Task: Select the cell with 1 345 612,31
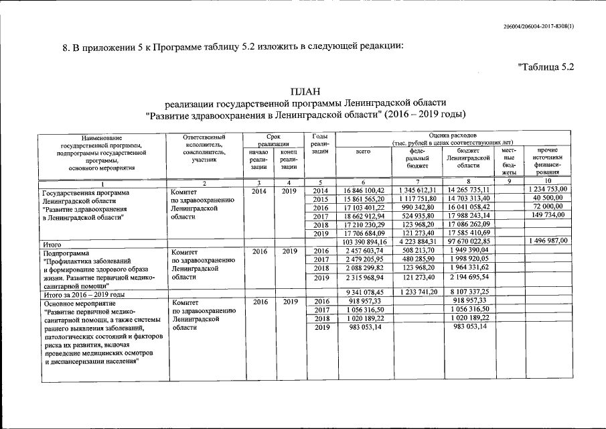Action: (416, 190)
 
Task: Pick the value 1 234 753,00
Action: (546, 190)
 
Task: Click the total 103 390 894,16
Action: (364, 241)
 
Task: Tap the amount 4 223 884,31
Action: (416, 241)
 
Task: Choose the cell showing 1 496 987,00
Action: (546, 241)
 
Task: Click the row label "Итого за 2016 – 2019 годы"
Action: (83, 294)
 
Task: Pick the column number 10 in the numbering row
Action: (548, 182)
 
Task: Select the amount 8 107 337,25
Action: (471, 293)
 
